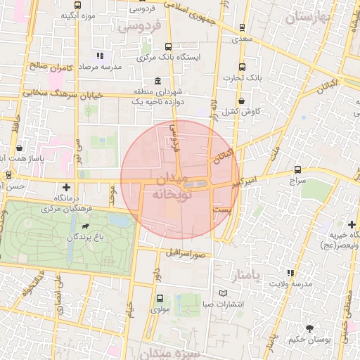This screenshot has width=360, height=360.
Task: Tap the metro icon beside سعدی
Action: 243,28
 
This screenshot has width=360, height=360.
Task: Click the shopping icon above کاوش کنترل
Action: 241,101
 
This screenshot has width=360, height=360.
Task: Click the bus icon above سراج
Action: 297,169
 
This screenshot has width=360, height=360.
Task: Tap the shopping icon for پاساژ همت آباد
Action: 18,148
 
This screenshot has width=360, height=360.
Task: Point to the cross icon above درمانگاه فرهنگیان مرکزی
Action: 66,187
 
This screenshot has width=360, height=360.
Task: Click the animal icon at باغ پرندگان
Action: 85,227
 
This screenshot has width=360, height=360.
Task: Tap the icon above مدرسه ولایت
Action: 289,273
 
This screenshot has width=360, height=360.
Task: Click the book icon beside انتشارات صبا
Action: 224,292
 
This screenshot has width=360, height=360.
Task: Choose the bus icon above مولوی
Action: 155,297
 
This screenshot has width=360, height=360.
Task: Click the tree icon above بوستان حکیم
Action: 309,328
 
